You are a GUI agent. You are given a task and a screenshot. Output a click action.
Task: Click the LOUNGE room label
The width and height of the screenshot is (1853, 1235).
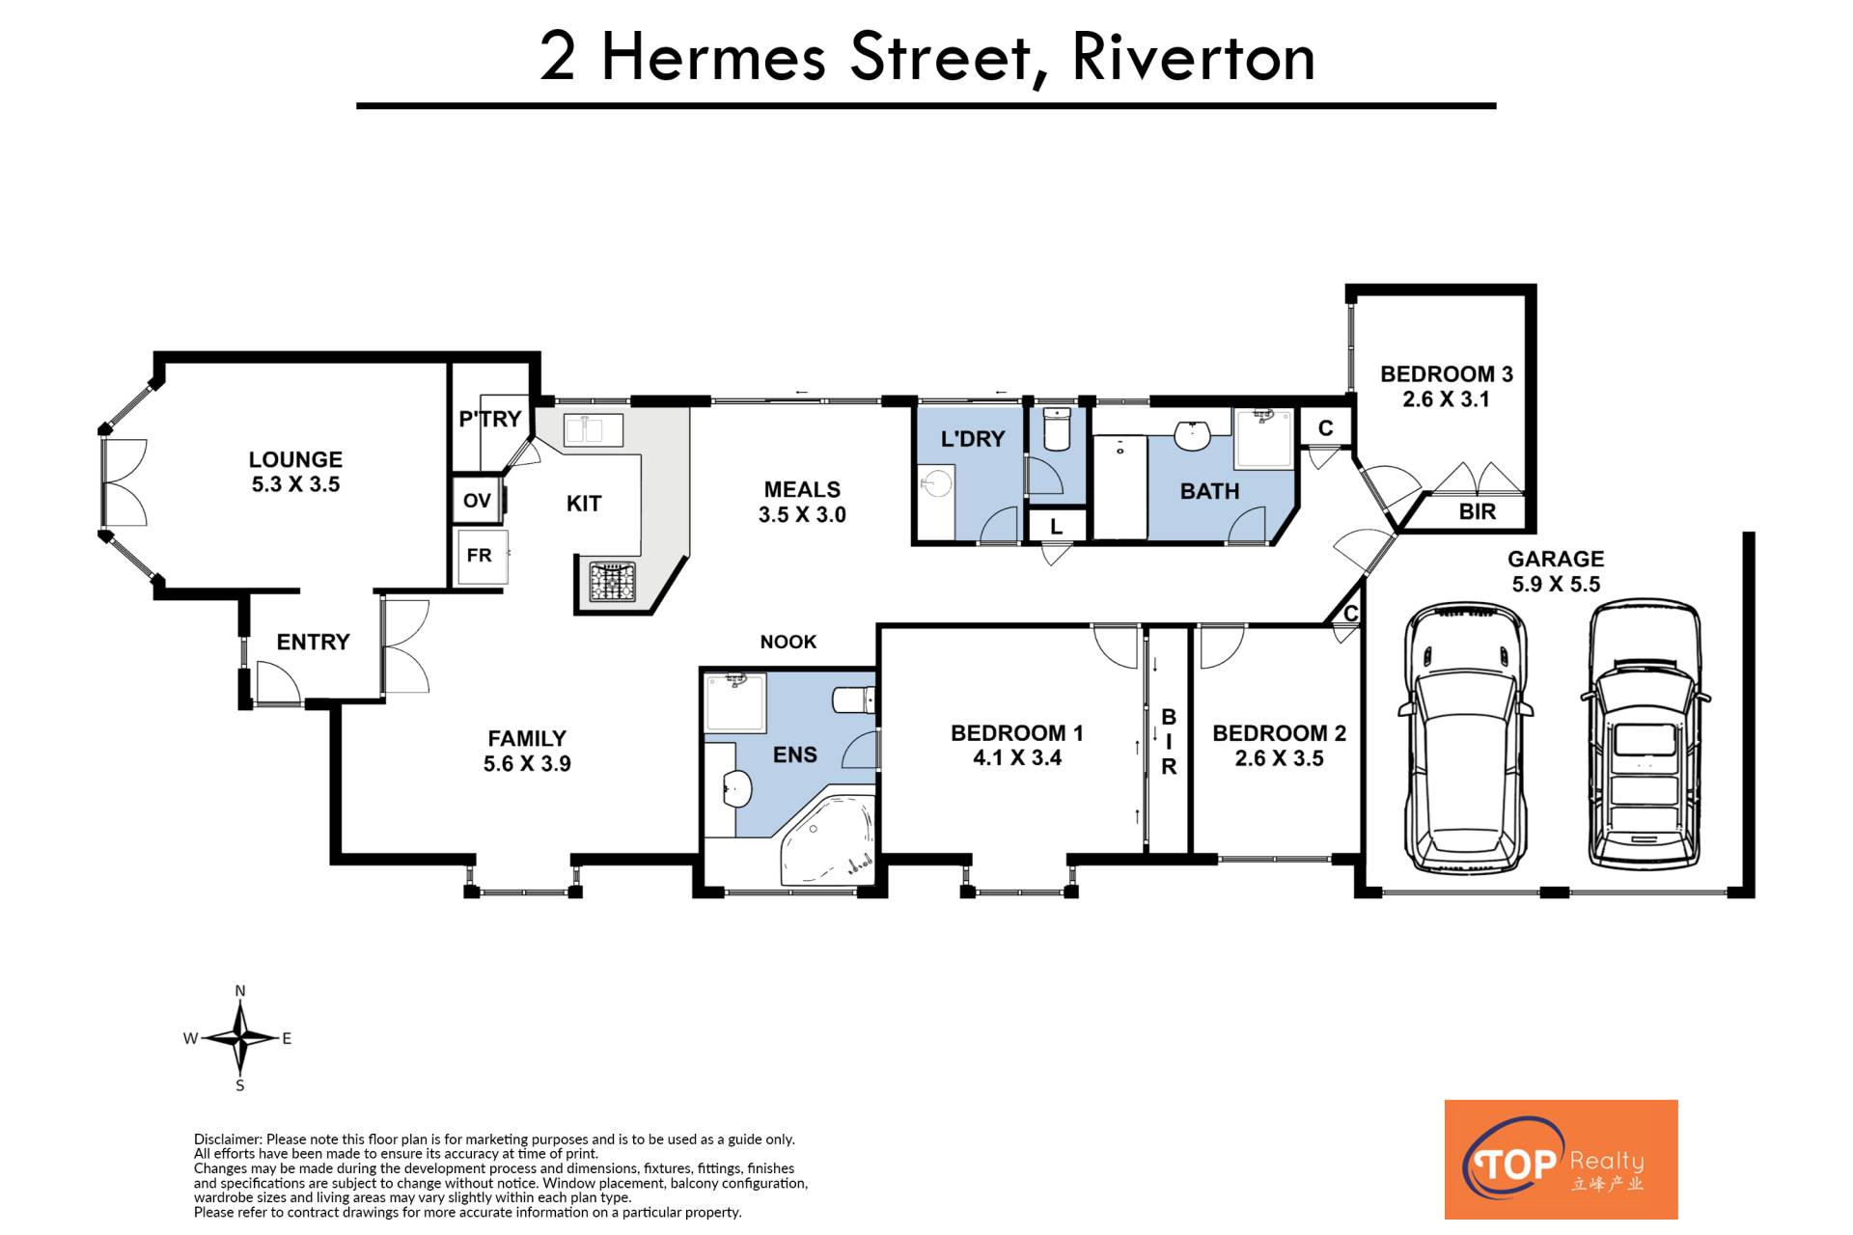pyautogui.click(x=295, y=459)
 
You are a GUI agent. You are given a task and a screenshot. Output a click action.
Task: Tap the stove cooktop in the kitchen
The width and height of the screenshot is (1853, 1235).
pyautogui.click(x=612, y=581)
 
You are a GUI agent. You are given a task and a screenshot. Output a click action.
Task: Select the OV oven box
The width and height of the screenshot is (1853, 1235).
pyautogui.click(x=478, y=500)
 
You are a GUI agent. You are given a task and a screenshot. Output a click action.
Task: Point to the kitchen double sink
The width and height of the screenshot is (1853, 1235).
pyautogui.click(x=594, y=429)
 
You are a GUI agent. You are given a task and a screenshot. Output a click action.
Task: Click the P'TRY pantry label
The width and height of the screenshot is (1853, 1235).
pyautogui.click(x=490, y=419)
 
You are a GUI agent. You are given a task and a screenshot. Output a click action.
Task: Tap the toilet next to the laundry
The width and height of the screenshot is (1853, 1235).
pyautogui.click(x=1057, y=429)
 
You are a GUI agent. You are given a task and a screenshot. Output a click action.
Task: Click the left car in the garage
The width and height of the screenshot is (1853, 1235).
pyautogui.click(x=1463, y=738)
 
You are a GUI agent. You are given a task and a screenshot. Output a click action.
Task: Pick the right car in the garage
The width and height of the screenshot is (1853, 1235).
pyautogui.click(x=1645, y=733)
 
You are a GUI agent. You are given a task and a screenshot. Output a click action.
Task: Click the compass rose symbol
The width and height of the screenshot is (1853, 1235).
pyautogui.click(x=240, y=1038)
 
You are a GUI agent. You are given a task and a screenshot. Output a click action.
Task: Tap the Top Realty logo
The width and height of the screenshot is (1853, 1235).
pyautogui.click(x=1561, y=1159)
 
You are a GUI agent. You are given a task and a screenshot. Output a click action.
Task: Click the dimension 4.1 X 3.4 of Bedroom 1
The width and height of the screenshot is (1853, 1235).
pyautogui.click(x=1017, y=758)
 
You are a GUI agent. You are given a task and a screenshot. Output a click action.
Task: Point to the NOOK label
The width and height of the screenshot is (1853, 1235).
pyautogui.click(x=788, y=642)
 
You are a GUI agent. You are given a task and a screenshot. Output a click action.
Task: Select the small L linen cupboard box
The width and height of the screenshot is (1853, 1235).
pyautogui.click(x=1056, y=526)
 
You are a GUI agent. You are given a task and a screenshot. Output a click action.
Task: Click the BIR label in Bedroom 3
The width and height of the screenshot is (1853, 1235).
pyautogui.click(x=1478, y=512)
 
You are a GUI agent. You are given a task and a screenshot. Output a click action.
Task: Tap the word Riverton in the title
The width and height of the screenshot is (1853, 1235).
pyautogui.click(x=1194, y=58)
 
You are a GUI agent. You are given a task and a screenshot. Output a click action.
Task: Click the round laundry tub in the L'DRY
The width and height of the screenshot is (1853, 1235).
pyautogui.click(x=934, y=482)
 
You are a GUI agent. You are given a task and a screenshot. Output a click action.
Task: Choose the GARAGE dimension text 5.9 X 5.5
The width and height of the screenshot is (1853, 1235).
pyautogui.click(x=1556, y=584)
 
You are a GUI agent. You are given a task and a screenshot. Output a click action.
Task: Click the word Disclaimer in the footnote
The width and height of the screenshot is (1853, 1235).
pyautogui.click(x=228, y=1139)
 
